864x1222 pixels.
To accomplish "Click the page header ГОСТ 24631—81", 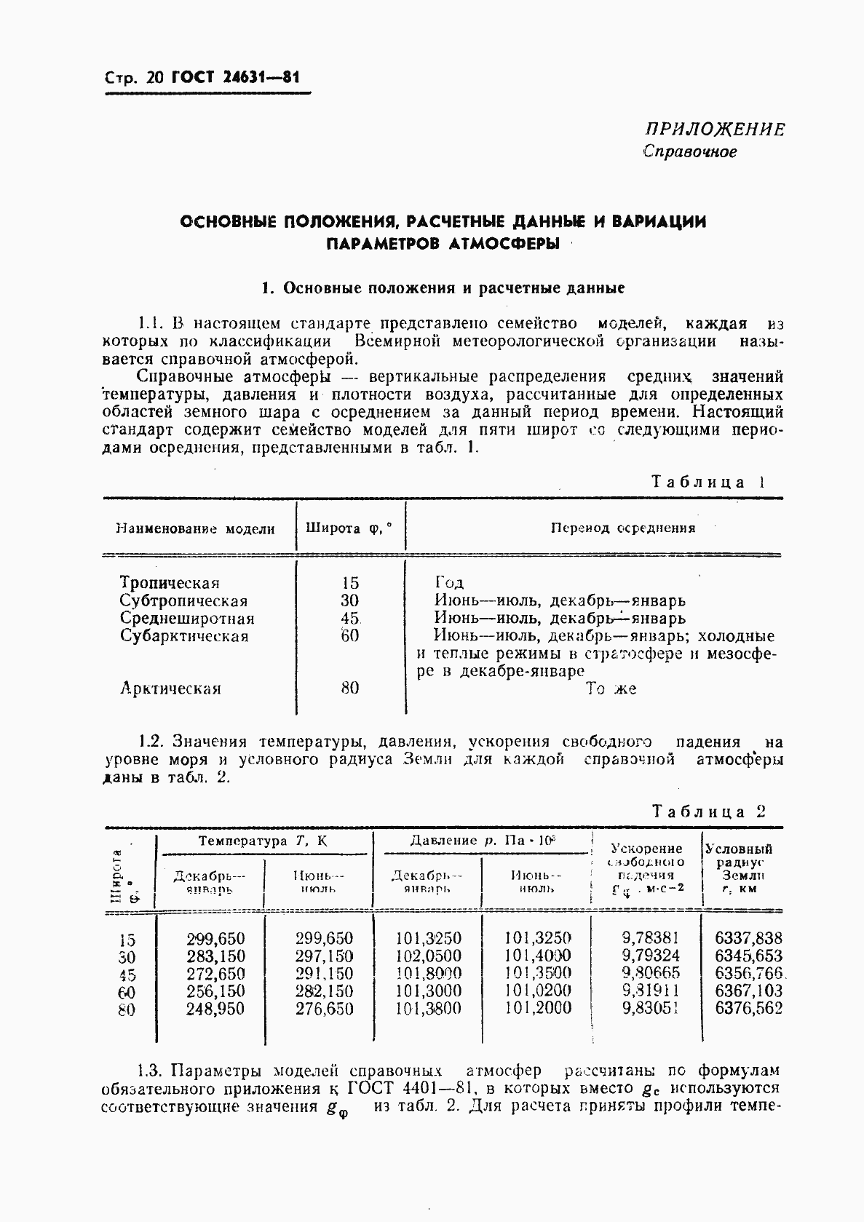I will click(x=235, y=78).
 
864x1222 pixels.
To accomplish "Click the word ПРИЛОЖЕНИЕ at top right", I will click(x=715, y=130).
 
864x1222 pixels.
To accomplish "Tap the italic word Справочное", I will click(x=690, y=152).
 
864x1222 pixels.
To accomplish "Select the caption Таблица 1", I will click(x=708, y=482).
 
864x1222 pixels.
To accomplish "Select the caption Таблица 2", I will click(x=708, y=812).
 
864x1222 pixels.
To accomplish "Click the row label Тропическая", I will click(x=170, y=583).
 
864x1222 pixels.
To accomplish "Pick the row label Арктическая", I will click(x=170, y=689).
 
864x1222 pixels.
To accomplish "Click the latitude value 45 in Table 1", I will click(x=350, y=619).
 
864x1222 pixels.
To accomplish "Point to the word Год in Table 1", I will click(x=449, y=583).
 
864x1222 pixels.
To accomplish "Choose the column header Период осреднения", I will click(x=622, y=528).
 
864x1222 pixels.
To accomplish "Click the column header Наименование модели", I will click(x=195, y=529).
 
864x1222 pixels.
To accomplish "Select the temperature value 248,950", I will click(x=215, y=1009).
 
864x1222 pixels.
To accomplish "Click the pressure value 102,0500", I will click(x=428, y=956).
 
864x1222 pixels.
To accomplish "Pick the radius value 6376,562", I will click(x=748, y=1009).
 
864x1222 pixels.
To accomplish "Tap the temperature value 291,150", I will click(x=324, y=974).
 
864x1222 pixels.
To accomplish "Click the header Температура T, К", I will click(x=263, y=841).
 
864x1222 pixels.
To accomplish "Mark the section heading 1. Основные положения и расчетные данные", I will click(x=443, y=288).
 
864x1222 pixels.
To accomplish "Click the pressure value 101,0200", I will click(x=537, y=991).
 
